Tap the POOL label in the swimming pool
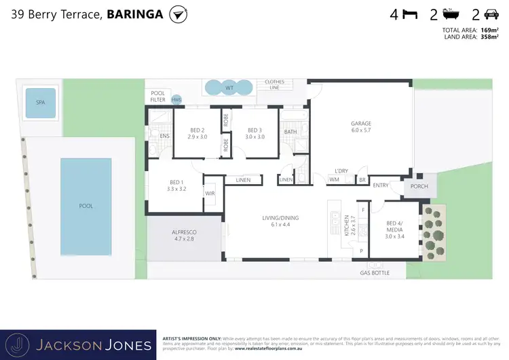point(86,205)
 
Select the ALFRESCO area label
point(183,236)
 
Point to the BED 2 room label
point(197,133)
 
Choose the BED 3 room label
point(254,133)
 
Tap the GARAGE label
point(360,127)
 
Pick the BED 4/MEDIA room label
point(394,230)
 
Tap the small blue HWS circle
point(176,99)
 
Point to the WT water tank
point(229,88)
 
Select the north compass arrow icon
point(178,14)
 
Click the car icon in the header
point(490,14)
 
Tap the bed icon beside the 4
point(410,14)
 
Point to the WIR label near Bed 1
point(210,193)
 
